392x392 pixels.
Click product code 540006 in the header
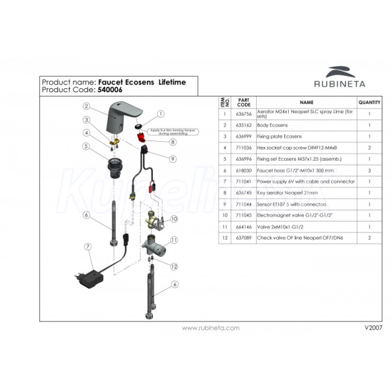pos(110,90)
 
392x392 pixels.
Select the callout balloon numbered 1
pos(159,113)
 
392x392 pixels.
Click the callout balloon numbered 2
pos(86,106)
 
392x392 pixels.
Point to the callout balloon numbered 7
pos(87,246)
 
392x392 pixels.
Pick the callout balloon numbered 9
pos(172,158)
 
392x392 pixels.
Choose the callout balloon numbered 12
pos(174,266)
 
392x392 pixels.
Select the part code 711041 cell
pos(243,181)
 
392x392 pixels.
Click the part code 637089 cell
pos(243,237)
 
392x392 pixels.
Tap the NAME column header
pos(306,103)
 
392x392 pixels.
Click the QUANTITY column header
pos(369,103)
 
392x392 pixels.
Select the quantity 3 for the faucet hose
pos(369,170)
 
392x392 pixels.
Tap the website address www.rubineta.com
pos(210,327)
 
